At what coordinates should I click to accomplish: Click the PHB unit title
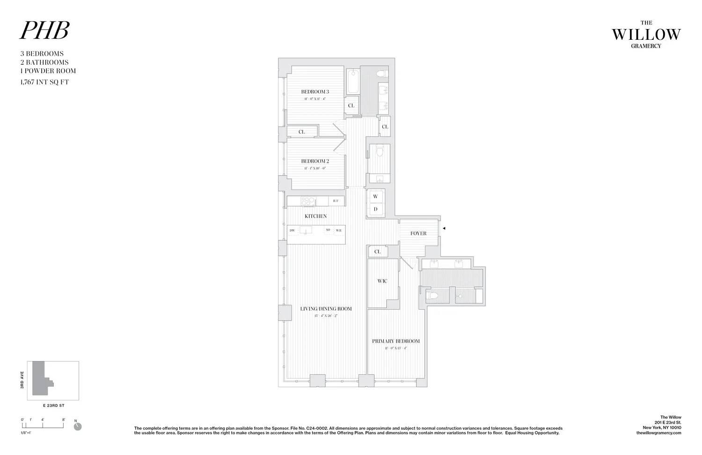[44, 30]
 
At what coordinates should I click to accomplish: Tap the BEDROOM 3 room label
[315, 92]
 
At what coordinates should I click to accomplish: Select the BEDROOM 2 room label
[315, 161]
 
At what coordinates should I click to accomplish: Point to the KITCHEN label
[316, 216]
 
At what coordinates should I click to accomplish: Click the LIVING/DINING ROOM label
[326, 309]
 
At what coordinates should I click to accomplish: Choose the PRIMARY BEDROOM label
[395, 341]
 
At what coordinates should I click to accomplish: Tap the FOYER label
[418, 233]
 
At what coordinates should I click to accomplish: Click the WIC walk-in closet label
[382, 281]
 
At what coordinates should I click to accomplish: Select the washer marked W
[375, 197]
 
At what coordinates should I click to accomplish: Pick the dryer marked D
[375, 209]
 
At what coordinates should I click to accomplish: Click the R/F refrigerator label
[336, 201]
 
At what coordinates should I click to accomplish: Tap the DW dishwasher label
[292, 231]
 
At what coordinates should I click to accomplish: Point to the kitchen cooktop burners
[308, 201]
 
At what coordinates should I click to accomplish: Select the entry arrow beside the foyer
[444, 229]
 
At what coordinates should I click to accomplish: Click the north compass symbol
[78, 426]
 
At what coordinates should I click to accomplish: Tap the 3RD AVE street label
[22, 380]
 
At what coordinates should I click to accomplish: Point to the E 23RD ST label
[53, 406]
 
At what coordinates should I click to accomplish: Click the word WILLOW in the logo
[646, 34]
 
